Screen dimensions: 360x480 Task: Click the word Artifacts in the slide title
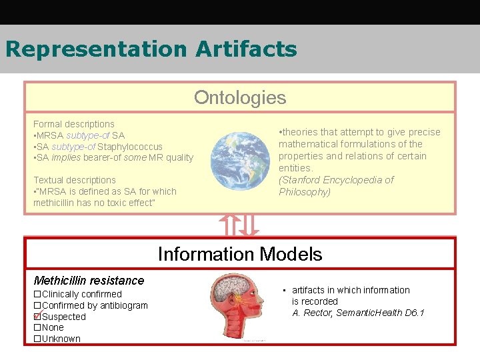point(247,49)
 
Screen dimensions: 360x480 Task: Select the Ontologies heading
point(240,97)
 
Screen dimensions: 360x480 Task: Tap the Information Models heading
point(240,254)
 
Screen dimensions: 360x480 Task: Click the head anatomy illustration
point(241,307)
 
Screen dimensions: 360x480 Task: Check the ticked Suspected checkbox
point(37,317)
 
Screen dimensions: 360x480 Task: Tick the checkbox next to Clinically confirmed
point(37,294)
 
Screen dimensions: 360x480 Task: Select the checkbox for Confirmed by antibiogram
point(37,305)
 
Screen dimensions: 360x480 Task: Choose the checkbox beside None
point(37,327)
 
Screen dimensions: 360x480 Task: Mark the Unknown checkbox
point(37,339)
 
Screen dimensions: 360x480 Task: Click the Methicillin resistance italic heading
point(89,281)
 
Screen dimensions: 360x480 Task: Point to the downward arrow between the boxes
point(249,225)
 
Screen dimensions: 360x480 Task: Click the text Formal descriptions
point(74,124)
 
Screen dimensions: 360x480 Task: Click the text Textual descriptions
point(75,180)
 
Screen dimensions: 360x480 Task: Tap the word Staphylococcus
point(130,147)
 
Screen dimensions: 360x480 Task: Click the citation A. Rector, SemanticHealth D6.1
point(358,313)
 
